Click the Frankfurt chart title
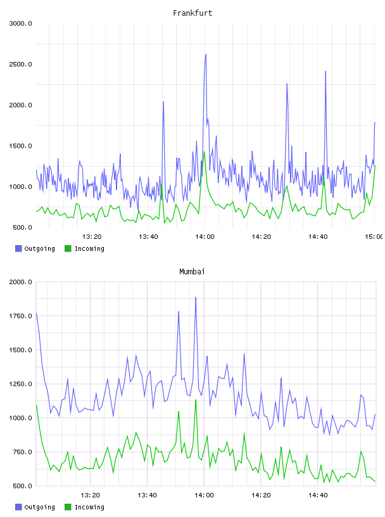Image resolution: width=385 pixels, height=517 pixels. coord(192,13)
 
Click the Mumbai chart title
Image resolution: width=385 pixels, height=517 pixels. coord(192,272)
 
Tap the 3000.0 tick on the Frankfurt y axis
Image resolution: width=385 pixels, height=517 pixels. coord(20,23)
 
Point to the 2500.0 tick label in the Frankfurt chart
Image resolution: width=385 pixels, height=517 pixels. coord(20,64)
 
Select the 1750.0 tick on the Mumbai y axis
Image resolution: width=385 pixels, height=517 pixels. coord(20,316)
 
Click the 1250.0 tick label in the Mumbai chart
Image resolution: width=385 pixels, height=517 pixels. coord(20,384)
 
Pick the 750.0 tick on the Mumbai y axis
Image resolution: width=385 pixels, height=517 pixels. coord(22,452)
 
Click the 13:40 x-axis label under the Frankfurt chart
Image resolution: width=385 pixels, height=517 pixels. coord(148,237)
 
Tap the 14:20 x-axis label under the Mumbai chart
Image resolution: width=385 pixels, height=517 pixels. coord(261,495)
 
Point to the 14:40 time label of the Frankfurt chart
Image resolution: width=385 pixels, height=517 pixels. coord(318,237)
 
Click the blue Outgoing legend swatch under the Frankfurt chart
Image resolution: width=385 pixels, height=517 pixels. coord(18,248)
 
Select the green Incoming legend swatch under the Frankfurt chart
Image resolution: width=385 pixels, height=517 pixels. coord(68,248)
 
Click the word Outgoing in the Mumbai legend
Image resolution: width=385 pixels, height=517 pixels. coord(39,507)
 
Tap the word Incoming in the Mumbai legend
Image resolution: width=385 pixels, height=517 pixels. coord(89,507)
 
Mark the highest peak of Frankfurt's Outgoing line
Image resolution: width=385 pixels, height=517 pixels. coord(206,54)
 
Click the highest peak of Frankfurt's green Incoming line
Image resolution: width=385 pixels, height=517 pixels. coord(205,152)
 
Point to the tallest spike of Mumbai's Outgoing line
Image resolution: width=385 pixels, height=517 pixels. coord(196,297)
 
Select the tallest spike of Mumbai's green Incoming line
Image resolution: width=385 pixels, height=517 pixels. coord(196,400)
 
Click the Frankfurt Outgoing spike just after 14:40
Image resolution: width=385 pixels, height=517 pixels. coord(325,72)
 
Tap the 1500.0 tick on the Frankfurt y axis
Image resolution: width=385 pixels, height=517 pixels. coord(20,146)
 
